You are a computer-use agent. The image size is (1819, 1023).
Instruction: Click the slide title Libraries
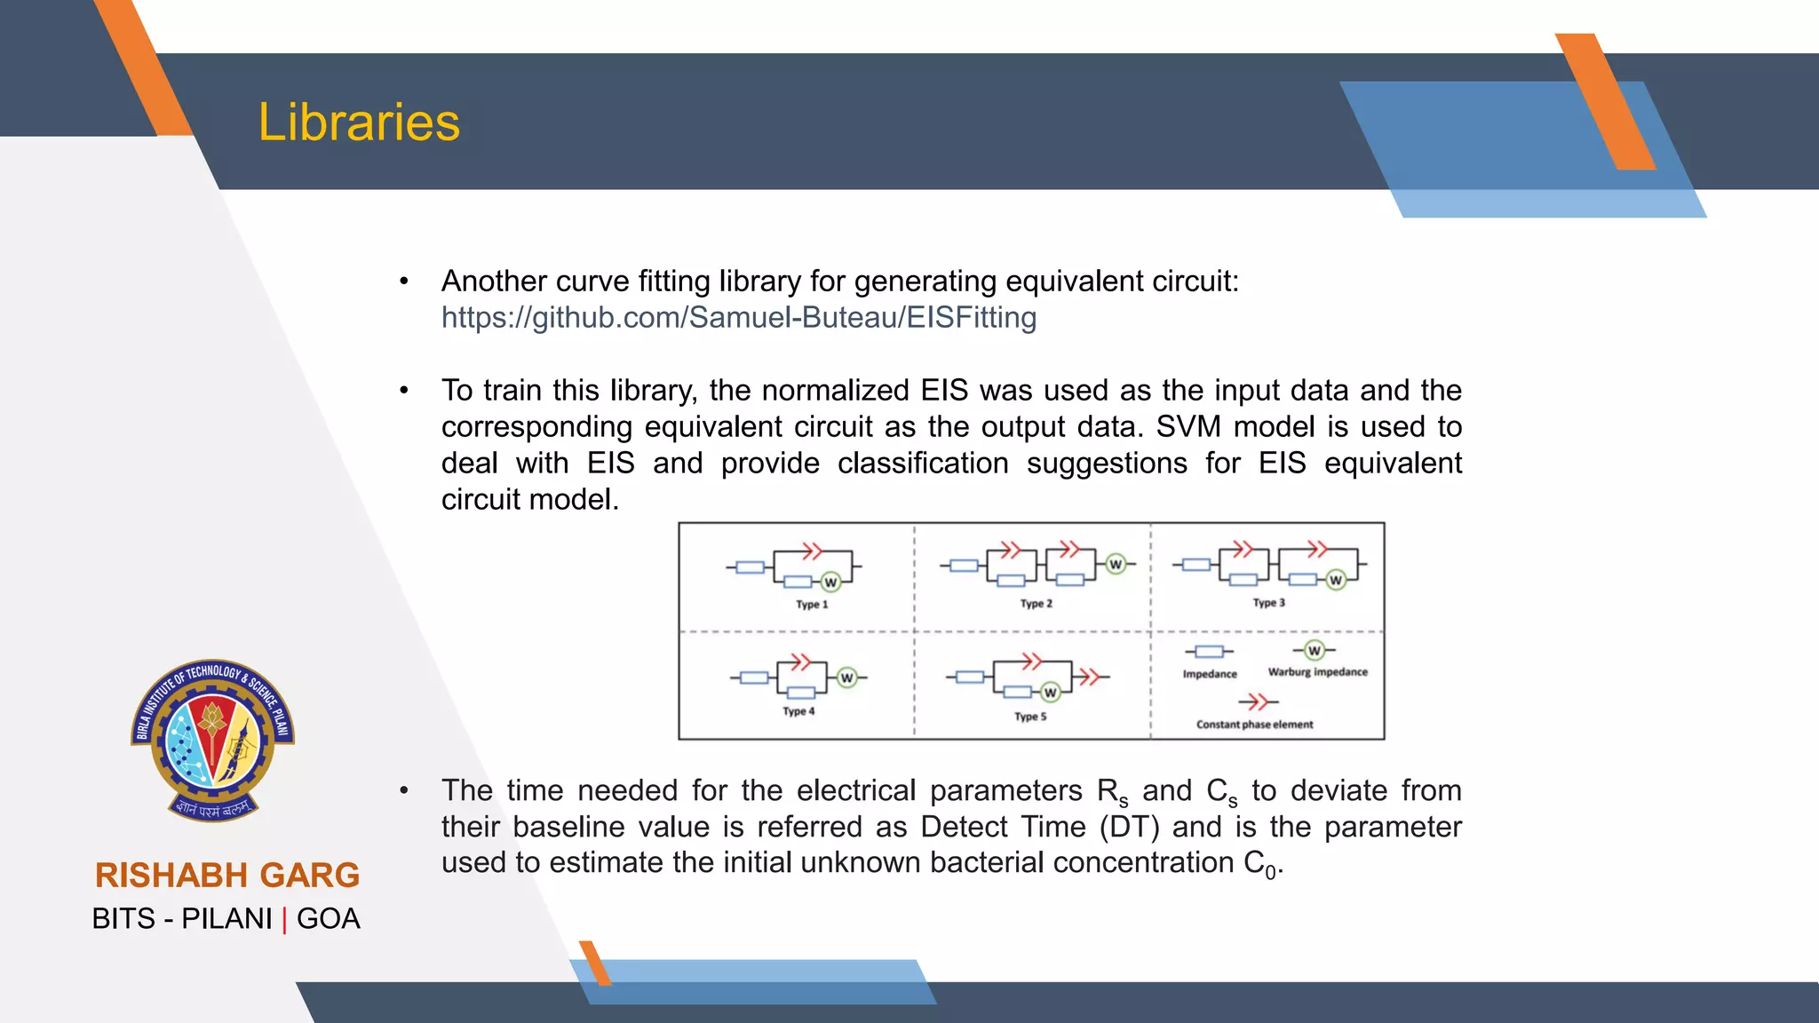pyautogui.click(x=359, y=123)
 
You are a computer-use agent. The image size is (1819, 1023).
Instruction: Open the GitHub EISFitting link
pyautogui.click(x=738, y=318)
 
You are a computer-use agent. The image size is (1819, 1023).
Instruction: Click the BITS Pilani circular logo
pyautogui.click(x=212, y=739)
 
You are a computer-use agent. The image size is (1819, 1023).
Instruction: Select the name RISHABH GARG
pyautogui.click(x=227, y=876)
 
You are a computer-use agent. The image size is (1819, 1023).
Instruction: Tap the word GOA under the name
pyautogui.click(x=328, y=919)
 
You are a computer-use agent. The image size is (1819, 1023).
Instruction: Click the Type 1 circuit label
pyautogui.click(x=811, y=605)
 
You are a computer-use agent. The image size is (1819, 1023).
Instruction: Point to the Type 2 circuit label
pyautogui.click(x=1036, y=604)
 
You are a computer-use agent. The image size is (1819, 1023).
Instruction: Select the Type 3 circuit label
pyautogui.click(x=1268, y=603)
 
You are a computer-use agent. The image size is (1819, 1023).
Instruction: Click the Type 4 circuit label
pyautogui.click(x=798, y=711)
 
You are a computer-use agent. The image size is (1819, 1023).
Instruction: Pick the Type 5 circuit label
pyautogui.click(x=1030, y=717)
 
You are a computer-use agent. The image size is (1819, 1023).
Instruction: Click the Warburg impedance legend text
pyautogui.click(x=1317, y=672)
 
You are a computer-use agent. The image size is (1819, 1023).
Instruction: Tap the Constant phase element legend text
pyautogui.click(x=1254, y=725)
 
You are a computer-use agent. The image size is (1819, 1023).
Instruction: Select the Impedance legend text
pyautogui.click(x=1209, y=674)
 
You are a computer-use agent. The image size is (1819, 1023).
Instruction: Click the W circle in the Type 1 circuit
pyautogui.click(x=830, y=583)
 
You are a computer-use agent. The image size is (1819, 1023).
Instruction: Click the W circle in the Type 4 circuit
pyautogui.click(x=846, y=678)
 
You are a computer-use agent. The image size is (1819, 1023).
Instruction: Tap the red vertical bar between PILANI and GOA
pyautogui.click(x=284, y=920)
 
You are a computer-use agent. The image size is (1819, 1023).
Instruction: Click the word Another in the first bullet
pyautogui.click(x=493, y=282)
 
